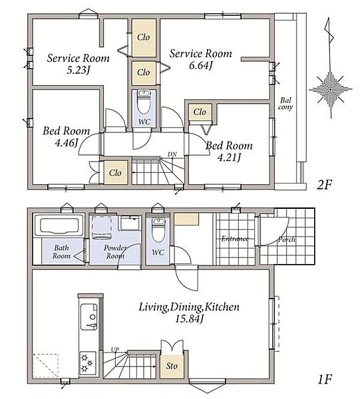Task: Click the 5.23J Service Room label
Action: (x=78, y=64)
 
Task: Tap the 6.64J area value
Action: (x=200, y=66)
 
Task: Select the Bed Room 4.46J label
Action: (x=66, y=136)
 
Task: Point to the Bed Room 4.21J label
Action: (x=229, y=152)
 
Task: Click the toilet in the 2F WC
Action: (x=144, y=102)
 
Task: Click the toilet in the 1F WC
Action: (x=158, y=230)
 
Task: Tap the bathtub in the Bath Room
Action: (x=59, y=225)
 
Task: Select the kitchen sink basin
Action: (x=89, y=317)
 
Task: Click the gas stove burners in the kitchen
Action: (x=88, y=363)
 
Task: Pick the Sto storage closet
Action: (x=172, y=366)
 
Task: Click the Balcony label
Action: (x=285, y=104)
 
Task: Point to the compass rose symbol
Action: (x=331, y=89)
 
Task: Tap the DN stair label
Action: (x=172, y=154)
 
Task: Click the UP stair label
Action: (x=115, y=349)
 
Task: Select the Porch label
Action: (x=287, y=239)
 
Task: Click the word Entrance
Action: (x=235, y=239)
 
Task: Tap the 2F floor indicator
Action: (x=324, y=184)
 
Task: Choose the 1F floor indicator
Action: (x=325, y=380)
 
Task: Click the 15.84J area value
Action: (x=189, y=319)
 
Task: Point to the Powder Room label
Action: (x=115, y=251)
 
